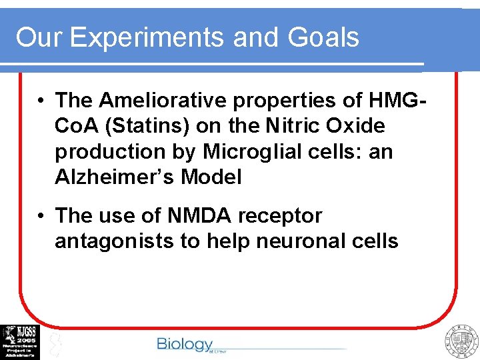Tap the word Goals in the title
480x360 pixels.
(323, 38)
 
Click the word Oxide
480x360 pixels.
(352, 126)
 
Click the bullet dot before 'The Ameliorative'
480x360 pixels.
(41, 101)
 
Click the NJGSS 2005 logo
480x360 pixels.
(20, 342)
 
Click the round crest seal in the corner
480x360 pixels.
(461, 342)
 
